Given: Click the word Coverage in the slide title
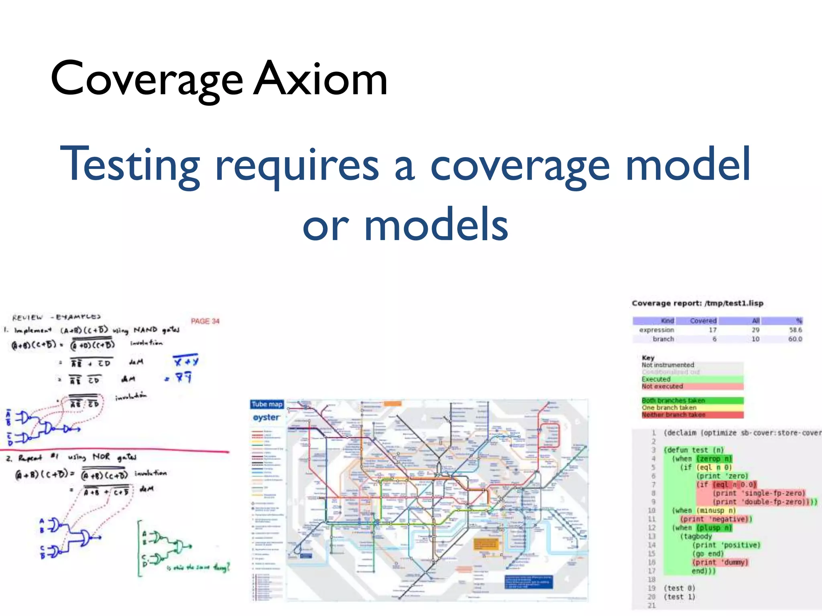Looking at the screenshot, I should point(146,79).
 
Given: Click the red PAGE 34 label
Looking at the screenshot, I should point(205,321).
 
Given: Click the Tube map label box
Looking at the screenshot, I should point(267,404).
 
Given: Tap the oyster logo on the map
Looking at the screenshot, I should point(266,417).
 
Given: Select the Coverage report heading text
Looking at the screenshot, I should point(697,303).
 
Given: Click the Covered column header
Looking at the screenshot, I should point(703,321).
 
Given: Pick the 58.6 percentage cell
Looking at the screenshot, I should point(795,330).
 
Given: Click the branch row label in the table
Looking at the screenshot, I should point(663,339).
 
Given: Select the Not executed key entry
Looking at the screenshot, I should point(662,386).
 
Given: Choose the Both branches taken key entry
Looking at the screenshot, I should point(673,400).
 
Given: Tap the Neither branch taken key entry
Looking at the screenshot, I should point(673,415).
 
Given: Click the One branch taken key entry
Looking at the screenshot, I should point(669,407).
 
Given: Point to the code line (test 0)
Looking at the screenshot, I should point(679,588).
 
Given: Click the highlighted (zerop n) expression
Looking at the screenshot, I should point(714,458).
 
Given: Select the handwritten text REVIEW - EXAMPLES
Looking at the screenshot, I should point(56,317).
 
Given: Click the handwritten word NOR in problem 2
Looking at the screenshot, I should point(101,457).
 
